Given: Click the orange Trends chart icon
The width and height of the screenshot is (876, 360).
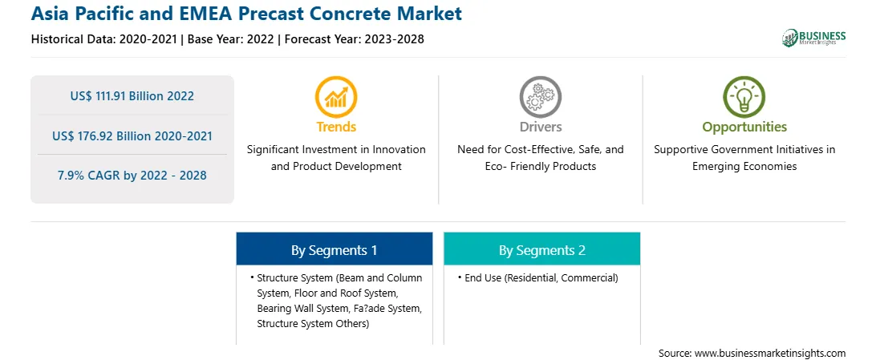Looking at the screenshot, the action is click(x=336, y=97).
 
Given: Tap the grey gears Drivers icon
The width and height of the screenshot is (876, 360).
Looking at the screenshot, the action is click(x=540, y=97).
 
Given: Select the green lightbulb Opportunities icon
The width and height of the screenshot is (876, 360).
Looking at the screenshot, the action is click(x=744, y=97).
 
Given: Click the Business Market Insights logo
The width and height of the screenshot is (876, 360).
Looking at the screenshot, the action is click(x=813, y=38).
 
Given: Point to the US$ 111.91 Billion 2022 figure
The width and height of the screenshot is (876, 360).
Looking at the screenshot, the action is click(x=132, y=96).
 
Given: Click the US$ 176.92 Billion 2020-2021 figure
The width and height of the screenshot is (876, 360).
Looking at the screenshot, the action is click(x=132, y=136).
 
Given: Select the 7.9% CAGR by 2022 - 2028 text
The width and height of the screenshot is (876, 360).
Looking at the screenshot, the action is click(x=132, y=176).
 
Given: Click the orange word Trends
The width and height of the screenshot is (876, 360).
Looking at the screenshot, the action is click(x=336, y=127).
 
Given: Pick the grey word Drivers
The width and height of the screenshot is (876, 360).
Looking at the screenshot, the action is click(x=540, y=127).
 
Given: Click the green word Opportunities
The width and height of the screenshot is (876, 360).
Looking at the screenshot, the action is click(x=744, y=127).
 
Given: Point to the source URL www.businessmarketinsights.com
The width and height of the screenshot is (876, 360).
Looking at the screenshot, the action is click(x=769, y=353).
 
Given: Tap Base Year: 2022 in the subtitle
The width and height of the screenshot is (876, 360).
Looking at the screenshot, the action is click(x=231, y=39).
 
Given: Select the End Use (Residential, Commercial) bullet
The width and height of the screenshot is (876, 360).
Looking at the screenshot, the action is click(x=541, y=278).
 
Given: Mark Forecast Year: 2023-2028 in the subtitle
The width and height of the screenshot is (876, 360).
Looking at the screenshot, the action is click(x=355, y=39).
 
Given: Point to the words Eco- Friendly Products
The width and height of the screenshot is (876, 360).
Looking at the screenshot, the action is click(x=540, y=166).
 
